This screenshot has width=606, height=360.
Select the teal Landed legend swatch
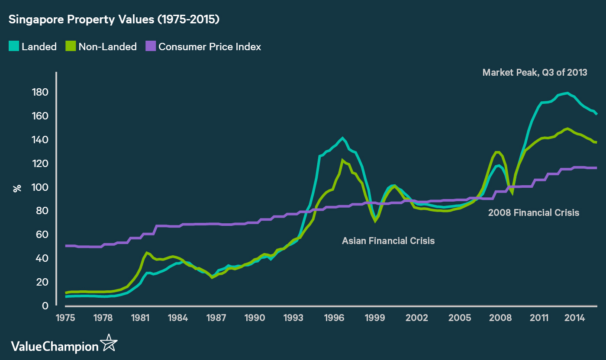pyautogui.click(x=13, y=46)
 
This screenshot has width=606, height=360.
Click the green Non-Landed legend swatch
pyautogui.click(x=71, y=46)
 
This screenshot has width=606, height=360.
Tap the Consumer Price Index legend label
pyautogui.click(x=210, y=47)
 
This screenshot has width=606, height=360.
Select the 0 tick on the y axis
pyautogui.click(x=45, y=305)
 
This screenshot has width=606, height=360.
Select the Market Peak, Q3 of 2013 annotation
pyautogui.click(x=535, y=73)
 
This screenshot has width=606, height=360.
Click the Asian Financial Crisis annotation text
pyautogui.click(x=388, y=241)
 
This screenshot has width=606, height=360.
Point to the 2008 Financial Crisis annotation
pyautogui.click(x=533, y=213)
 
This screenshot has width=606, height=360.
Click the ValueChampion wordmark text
pyautogui.click(x=55, y=346)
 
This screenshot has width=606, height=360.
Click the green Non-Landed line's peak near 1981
pyautogui.click(x=147, y=253)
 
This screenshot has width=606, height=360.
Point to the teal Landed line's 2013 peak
pyautogui.click(x=567, y=93)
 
